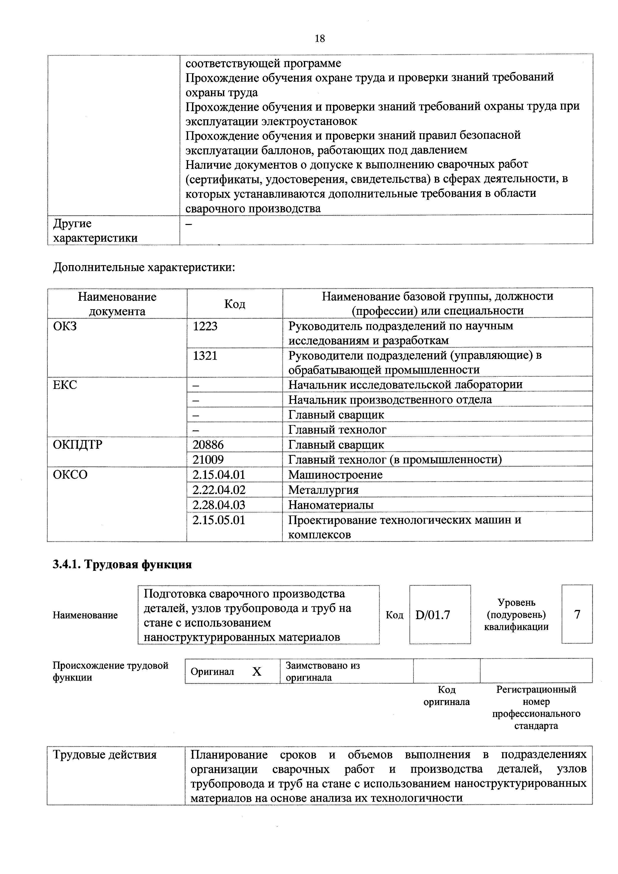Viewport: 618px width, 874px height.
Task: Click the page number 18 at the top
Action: pos(320,38)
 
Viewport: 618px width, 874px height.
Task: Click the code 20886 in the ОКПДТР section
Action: pos(208,445)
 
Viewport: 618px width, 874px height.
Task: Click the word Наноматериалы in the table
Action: pos(331,505)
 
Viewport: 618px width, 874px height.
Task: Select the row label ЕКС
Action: pos(65,385)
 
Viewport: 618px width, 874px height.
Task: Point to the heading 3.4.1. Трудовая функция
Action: pos(122,565)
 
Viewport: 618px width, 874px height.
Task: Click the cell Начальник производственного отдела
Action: pos(390,400)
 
